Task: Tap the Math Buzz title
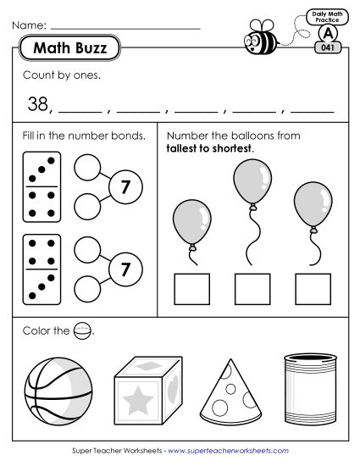click(x=69, y=49)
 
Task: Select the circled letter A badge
click(x=325, y=32)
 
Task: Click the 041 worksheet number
click(x=326, y=48)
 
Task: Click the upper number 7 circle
click(x=124, y=187)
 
